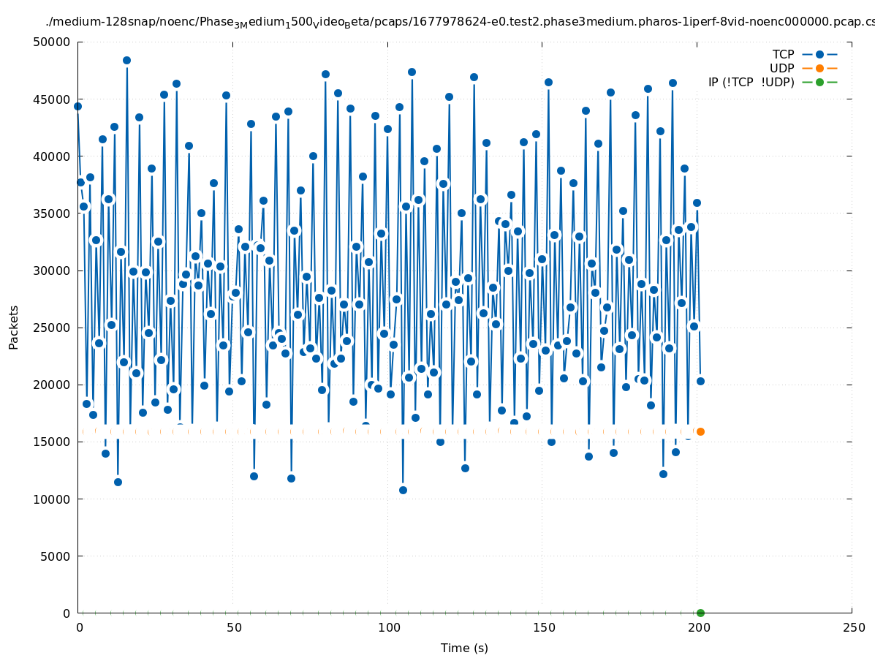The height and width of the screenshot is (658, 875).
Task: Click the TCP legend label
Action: (783, 54)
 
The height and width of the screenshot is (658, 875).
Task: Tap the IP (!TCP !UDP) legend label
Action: (751, 82)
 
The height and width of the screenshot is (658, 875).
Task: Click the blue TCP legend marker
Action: (819, 54)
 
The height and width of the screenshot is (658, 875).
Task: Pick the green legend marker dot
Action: (819, 82)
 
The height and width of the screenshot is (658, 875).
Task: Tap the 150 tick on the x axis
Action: (542, 627)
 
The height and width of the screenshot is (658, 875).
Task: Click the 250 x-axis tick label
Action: (852, 627)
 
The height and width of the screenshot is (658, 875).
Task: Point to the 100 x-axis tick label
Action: (388, 627)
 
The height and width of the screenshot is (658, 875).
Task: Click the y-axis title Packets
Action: (14, 327)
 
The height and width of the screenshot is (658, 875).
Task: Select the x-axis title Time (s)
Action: (464, 648)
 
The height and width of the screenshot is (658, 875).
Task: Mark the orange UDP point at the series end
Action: (700, 431)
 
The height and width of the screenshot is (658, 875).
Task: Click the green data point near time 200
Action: (700, 613)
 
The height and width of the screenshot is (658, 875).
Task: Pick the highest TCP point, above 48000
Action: (126, 60)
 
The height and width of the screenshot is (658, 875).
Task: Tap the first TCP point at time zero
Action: (77, 106)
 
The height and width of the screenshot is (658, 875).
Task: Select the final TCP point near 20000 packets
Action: (700, 381)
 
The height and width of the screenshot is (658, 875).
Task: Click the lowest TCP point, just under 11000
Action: (403, 490)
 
